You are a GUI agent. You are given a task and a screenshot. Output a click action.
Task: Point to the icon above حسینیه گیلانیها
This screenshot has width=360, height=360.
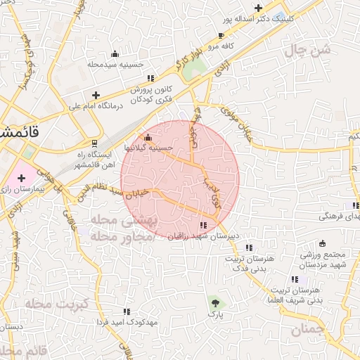coord(147,137)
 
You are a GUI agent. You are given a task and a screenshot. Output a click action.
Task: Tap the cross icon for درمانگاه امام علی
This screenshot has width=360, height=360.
coord(96,95)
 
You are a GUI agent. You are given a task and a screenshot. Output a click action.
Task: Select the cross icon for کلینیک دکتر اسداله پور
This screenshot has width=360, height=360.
coord(259,8)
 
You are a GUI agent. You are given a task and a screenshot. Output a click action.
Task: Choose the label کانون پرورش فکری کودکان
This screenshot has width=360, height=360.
coord(152,95)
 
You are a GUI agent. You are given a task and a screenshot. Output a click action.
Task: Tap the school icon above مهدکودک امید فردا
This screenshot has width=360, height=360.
coord(127,310)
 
